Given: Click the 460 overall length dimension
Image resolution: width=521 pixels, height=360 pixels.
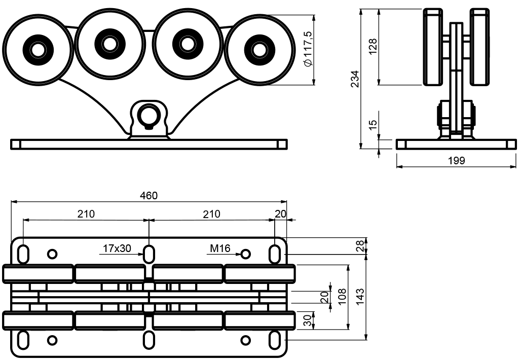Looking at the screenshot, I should [148, 196].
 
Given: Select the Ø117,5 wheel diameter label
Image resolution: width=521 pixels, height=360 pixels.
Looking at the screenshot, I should [308, 49].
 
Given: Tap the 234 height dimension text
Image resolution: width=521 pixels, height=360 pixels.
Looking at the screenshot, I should [355, 79].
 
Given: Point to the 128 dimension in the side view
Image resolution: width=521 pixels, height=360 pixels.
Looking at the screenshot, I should [374, 47].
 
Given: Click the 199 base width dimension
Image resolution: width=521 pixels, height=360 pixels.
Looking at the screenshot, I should [456, 161].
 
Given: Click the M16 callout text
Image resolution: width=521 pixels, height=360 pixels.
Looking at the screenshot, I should [220, 248].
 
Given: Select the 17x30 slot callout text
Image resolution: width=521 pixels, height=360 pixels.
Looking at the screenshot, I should [117, 248].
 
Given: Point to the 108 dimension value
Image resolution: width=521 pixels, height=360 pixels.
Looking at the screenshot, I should [343, 296].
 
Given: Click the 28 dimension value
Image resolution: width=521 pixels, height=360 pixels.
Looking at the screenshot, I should [359, 246].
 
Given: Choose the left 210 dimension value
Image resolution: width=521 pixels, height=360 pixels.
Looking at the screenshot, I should [86, 214].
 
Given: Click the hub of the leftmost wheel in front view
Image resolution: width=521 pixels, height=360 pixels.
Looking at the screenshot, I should [37, 50].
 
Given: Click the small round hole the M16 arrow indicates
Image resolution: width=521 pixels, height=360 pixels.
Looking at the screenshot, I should [245, 253].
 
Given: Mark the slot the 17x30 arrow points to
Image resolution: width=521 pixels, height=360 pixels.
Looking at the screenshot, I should [149, 253].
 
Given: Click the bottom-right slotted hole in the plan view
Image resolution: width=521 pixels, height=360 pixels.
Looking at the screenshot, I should [274, 338].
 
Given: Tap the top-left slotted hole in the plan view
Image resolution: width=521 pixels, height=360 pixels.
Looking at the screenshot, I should [23, 253].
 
